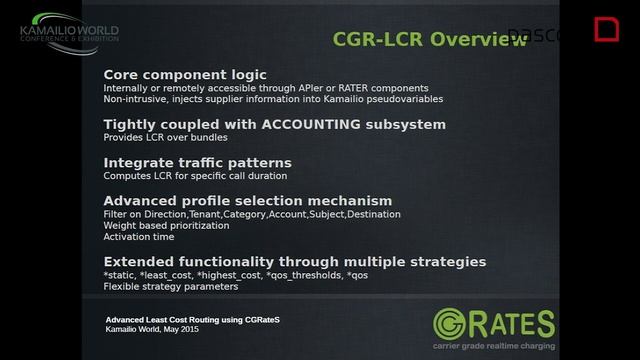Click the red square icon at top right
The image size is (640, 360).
[606, 29]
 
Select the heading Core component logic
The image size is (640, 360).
[185, 75]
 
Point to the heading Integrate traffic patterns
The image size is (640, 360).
[198, 162]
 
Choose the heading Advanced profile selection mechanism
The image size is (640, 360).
[248, 200]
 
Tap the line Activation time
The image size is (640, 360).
[139, 237]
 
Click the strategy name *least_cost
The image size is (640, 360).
[174, 274]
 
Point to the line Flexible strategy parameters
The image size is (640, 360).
[171, 286]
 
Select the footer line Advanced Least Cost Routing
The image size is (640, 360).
[193, 319]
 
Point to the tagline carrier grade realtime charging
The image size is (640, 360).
[494, 346]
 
